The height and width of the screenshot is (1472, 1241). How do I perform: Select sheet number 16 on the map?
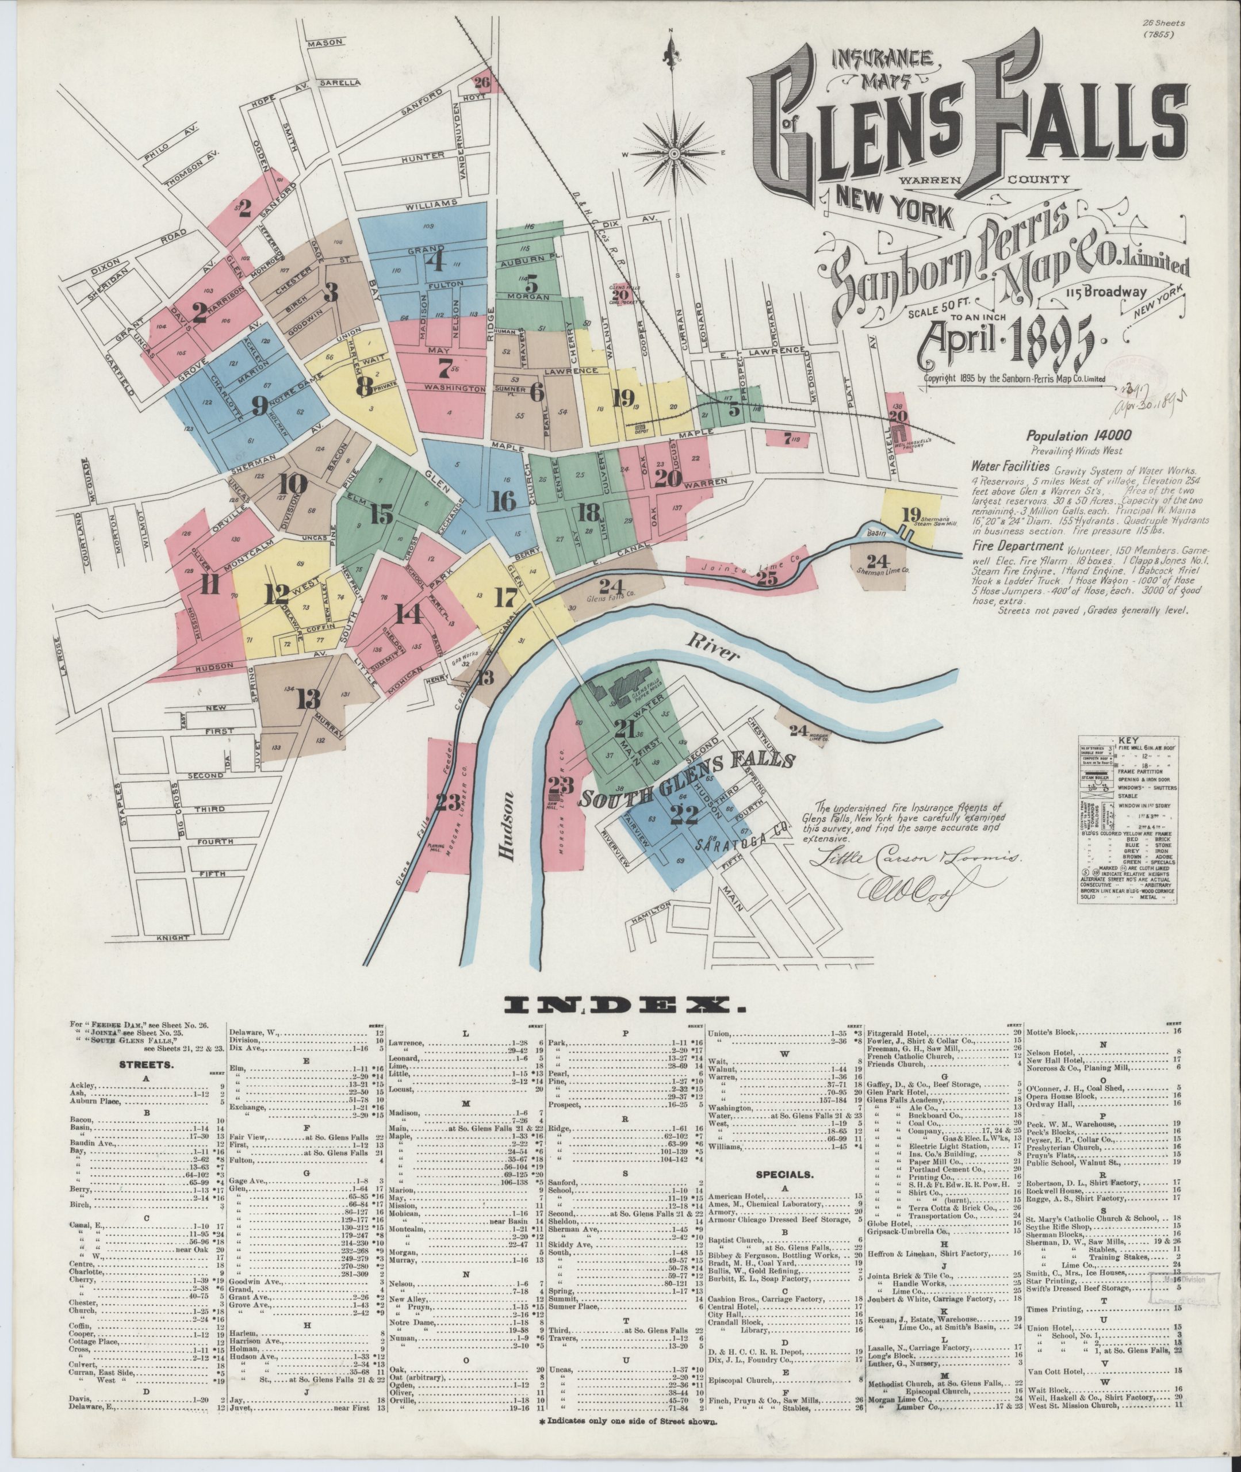pyautogui.click(x=504, y=500)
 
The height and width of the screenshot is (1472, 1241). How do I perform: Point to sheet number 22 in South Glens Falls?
pyautogui.click(x=684, y=814)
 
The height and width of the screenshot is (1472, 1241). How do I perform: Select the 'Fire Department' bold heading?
pyautogui.click(x=1007, y=546)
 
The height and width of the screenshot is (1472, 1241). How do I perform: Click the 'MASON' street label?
pyautogui.click(x=324, y=44)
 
